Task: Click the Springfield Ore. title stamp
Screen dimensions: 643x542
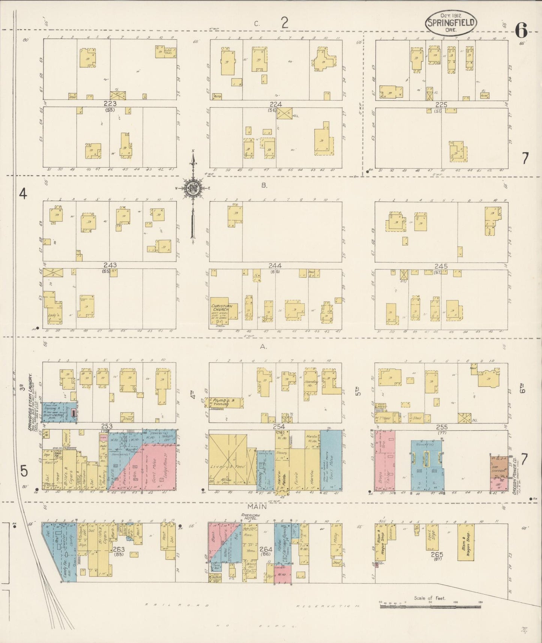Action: click(451, 23)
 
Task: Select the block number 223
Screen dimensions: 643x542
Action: click(110, 104)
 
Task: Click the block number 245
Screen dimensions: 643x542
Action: click(441, 266)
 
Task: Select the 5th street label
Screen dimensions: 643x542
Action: click(358, 391)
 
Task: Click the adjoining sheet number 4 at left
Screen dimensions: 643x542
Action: click(24, 194)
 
